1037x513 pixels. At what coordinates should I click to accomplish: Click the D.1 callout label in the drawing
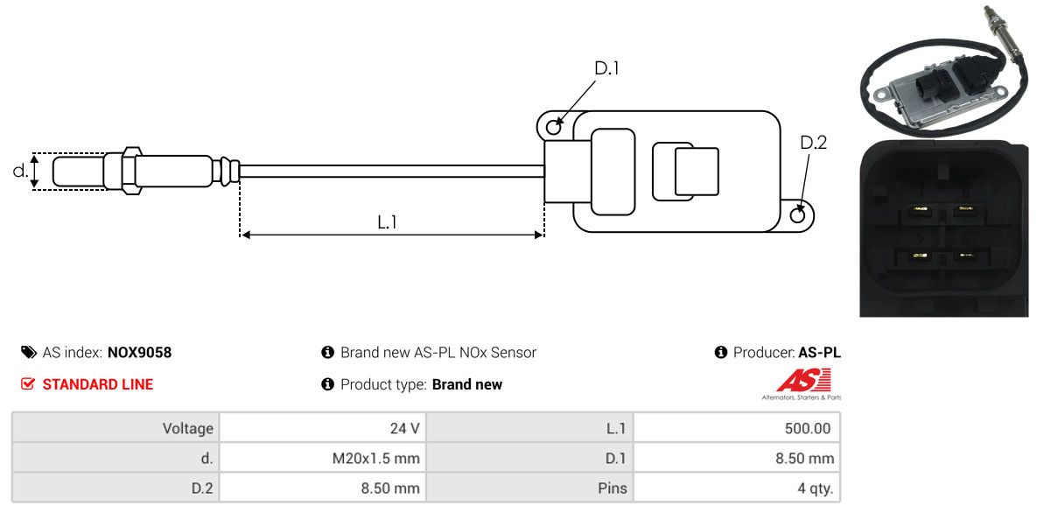click(x=606, y=68)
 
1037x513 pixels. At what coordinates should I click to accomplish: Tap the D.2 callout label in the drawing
click(x=813, y=143)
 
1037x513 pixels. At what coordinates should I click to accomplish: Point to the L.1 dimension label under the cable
click(x=388, y=222)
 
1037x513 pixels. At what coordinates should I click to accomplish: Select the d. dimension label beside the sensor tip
click(x=20, y=171)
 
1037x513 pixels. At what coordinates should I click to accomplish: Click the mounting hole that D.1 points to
click(x=553, y=128)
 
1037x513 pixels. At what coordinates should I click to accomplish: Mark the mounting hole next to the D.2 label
click(x=798, y=215)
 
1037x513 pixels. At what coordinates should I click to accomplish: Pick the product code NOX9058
click(x=139, y=353)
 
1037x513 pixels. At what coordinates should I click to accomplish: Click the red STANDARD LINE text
click(x=97, y=384)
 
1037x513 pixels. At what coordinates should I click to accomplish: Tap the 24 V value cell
click(x=322, y=428)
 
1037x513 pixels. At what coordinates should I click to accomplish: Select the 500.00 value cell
click(x=736, y=428)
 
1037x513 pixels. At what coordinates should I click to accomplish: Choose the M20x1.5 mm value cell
click(x=322, y=458)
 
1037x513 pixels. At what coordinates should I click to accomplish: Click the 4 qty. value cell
click(x=736, y=488)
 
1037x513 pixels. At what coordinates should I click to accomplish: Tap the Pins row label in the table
click(x=529, y=488)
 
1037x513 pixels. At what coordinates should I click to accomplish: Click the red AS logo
click(x=803, y=381)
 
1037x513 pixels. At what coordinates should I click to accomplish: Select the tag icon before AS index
click(x=28, y=353)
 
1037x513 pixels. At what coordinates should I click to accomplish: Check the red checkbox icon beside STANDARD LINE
click(x=28, y=384)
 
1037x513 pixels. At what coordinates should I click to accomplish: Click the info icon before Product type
click(x=328, y=384)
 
